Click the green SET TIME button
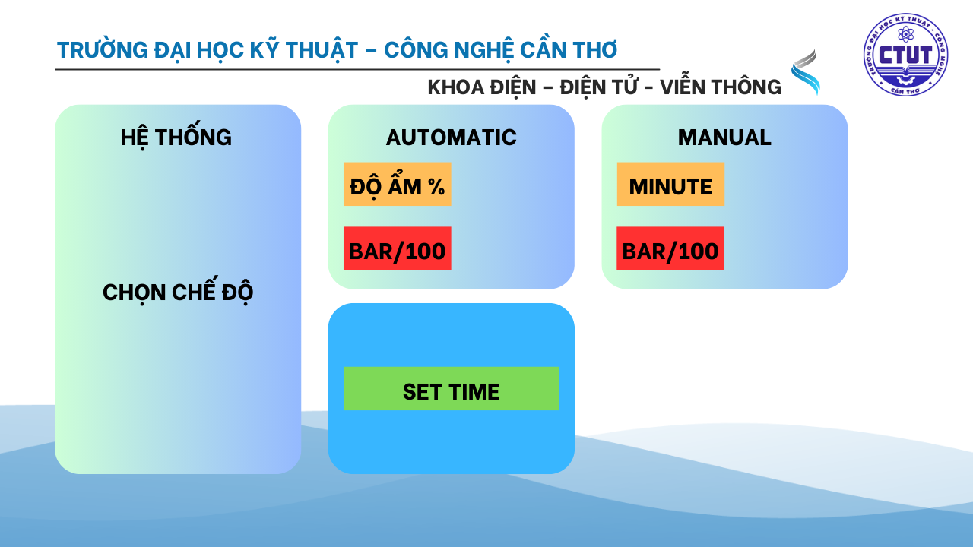(451, 388)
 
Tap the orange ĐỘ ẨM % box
(398, 184)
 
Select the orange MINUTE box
(670, 184)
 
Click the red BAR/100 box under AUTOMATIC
(398, 248)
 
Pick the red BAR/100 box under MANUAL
(670, 248)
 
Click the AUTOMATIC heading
(452, 138)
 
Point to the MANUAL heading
(724, 138)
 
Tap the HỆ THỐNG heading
(176, 138)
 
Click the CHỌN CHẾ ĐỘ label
(178, 291)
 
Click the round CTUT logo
(905, 54)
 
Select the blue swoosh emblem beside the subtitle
(806, 72)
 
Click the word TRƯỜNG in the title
(103, 49)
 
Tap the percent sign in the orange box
(436, 187)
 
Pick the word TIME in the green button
(474, 391)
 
